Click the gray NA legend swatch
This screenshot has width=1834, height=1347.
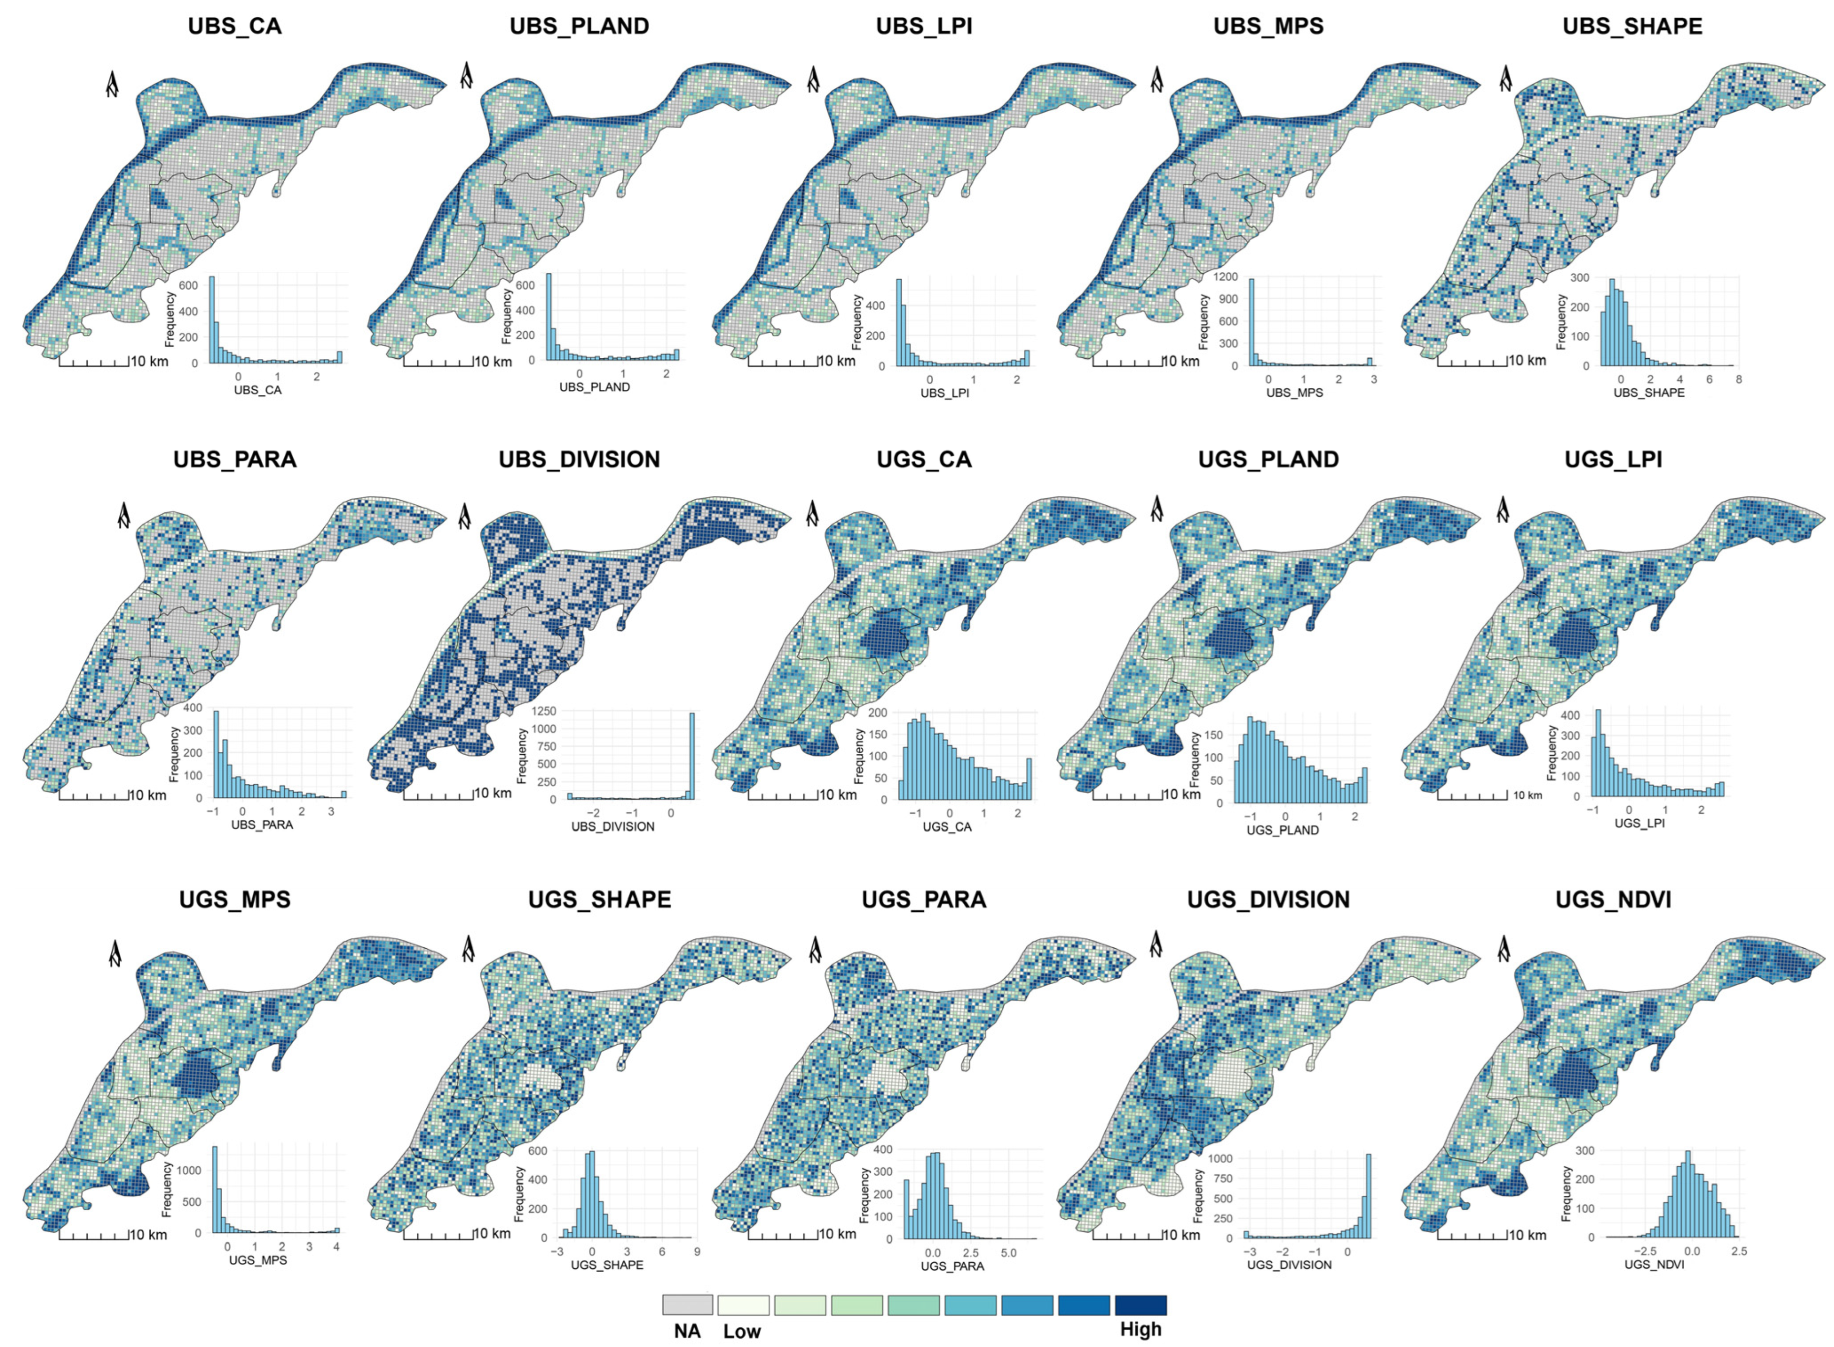click(687, 1305)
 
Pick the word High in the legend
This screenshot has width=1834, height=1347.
click(1140, 1330)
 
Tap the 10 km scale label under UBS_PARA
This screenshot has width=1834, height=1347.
click(148, 795)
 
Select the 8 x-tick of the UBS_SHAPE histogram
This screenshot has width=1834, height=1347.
click(1738, 379)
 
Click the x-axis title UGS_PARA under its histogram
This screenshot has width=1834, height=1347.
click(952, 1266)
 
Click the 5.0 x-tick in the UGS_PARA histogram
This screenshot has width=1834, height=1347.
click(1008, 1252)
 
